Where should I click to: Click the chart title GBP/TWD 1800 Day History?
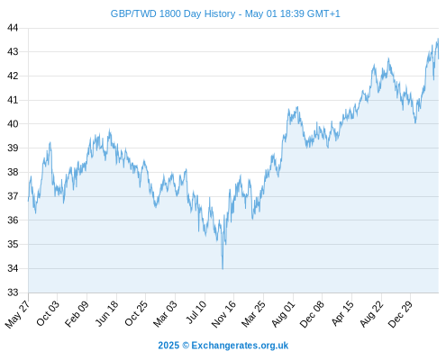(173, 13)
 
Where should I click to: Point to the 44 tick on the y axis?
(13, 28)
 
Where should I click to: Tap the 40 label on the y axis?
(13, 123)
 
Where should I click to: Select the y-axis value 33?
(13, 292)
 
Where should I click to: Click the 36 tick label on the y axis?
(13, 220)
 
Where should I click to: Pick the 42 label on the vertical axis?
(13, 76)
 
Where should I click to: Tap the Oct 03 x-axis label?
(48, 313)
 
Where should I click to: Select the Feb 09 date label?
(77, 313)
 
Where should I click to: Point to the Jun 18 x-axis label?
(106, 313)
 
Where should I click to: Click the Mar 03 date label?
(165, 313)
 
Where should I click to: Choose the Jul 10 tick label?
(196, 312)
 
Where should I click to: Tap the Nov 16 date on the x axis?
(223, 314)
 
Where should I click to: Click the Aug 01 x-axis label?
(284, 314)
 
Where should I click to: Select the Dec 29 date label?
(400, 314)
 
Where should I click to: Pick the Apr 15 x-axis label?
(342, 313)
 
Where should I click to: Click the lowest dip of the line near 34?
(223, 269)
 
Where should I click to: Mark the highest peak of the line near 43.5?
(438, 39)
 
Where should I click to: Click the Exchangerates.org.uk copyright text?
(240, 346)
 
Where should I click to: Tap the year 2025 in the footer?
(168, 346)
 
